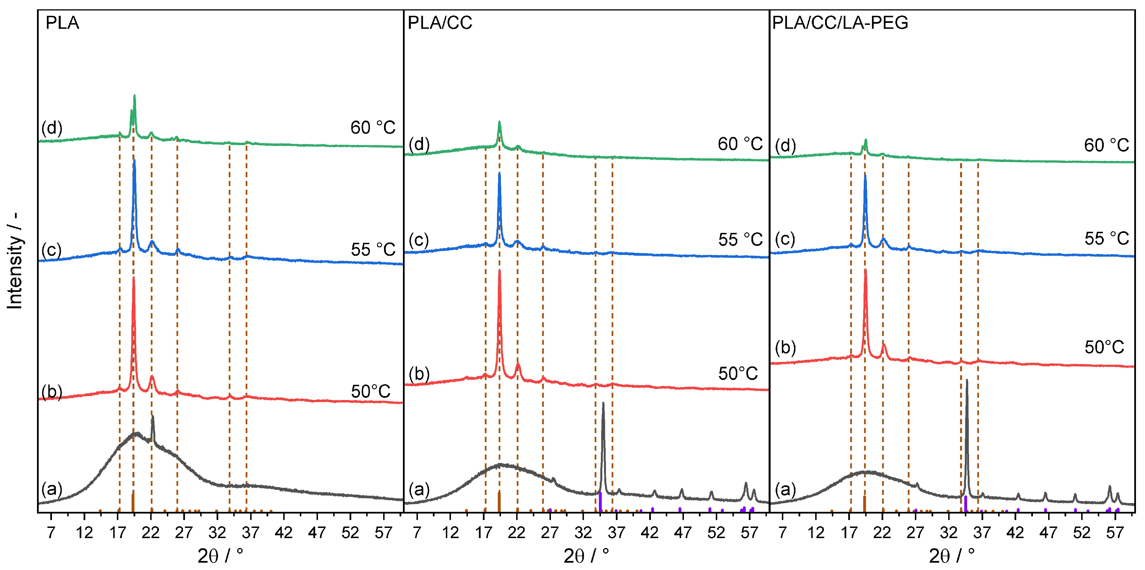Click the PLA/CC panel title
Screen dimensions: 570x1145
click(440, 23)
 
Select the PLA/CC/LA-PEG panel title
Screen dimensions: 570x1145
click(840, 23)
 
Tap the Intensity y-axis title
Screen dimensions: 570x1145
click(15, 260)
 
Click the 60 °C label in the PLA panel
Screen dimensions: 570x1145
click(372, 128)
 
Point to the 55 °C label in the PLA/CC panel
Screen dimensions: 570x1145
click(740, 240)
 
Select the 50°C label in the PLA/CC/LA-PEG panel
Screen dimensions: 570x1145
click(1104, 348)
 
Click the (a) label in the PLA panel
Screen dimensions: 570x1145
click(52, 489)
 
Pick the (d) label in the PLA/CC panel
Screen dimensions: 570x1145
click(419, 145)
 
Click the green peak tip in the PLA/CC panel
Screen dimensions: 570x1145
click(499, 122)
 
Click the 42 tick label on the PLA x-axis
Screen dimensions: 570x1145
click(283, 532)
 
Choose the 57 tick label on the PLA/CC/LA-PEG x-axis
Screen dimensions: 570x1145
click(1115, 532)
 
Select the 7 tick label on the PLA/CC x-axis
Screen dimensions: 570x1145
click(417, 532)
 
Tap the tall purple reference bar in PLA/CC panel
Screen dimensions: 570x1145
click(600, 501)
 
